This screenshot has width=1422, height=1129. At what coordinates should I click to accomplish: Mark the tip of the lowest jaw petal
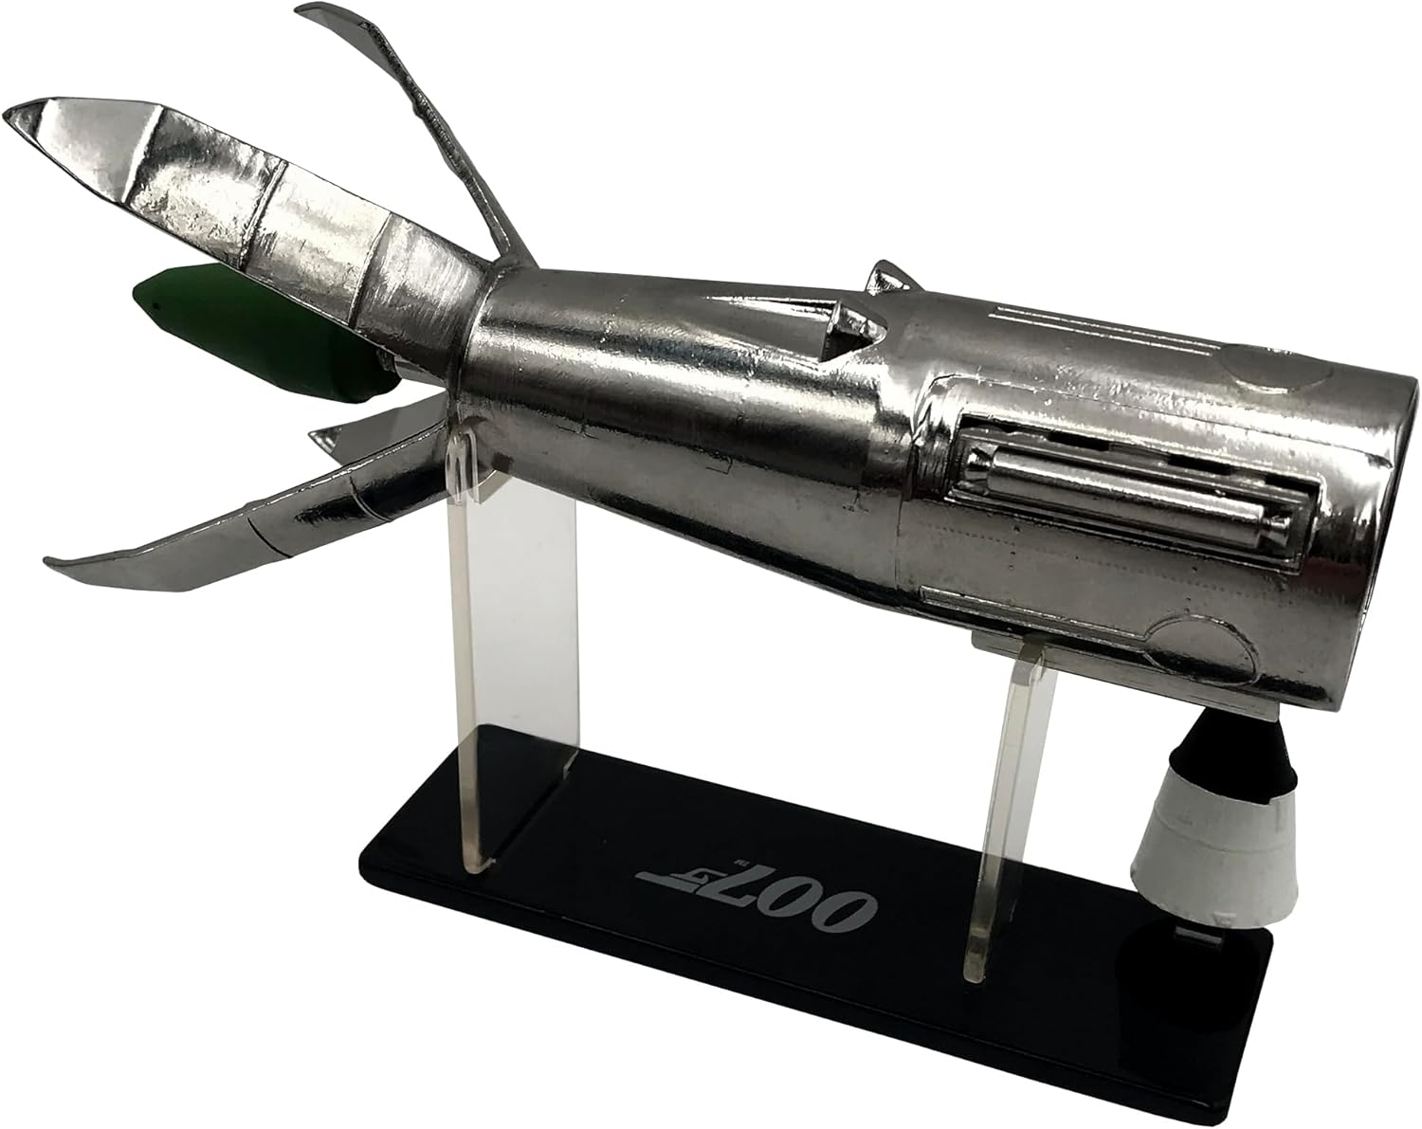click(x=46, y=562)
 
